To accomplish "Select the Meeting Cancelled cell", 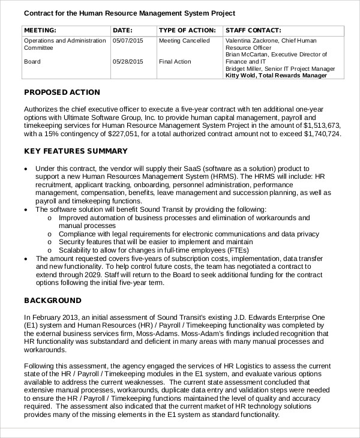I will [x=184, y=41].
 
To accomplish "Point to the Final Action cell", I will [x=175, y=62].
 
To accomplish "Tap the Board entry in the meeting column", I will [x=32, y=62].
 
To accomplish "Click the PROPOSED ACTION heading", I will [x=62, y=92].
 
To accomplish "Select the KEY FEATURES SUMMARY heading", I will [x=76, y=151].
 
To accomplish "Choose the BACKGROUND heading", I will [x=52, y=300].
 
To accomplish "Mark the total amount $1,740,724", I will [x=321, y=134].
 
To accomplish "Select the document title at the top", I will [x=129, y=13].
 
